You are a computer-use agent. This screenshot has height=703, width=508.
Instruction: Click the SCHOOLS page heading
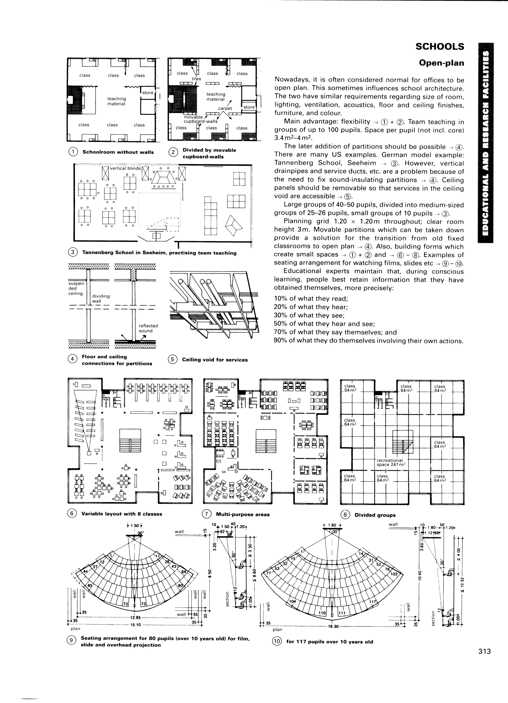tap(440, 47)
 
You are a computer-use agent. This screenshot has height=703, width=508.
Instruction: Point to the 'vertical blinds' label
tap(125, 168)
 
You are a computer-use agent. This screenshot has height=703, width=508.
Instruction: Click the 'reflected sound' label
tap(148, 328)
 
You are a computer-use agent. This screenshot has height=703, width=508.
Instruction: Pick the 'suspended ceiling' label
tap(75, 288)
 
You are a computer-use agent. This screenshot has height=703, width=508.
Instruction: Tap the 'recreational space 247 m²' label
tap(391, 462)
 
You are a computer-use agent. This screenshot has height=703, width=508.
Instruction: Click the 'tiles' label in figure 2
tap(196, 79)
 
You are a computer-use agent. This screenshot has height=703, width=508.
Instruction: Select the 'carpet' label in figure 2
tap(225, 109)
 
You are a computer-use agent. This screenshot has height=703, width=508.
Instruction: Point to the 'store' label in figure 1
tap(148, 93)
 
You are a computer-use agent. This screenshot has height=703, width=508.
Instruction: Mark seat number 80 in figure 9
tap(180, 586)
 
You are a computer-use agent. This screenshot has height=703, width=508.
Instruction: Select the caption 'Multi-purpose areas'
tap(242, 514)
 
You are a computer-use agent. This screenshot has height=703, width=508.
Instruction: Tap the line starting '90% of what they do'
tap(368, 341)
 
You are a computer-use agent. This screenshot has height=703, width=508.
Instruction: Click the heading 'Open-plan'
tap(441, 63)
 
